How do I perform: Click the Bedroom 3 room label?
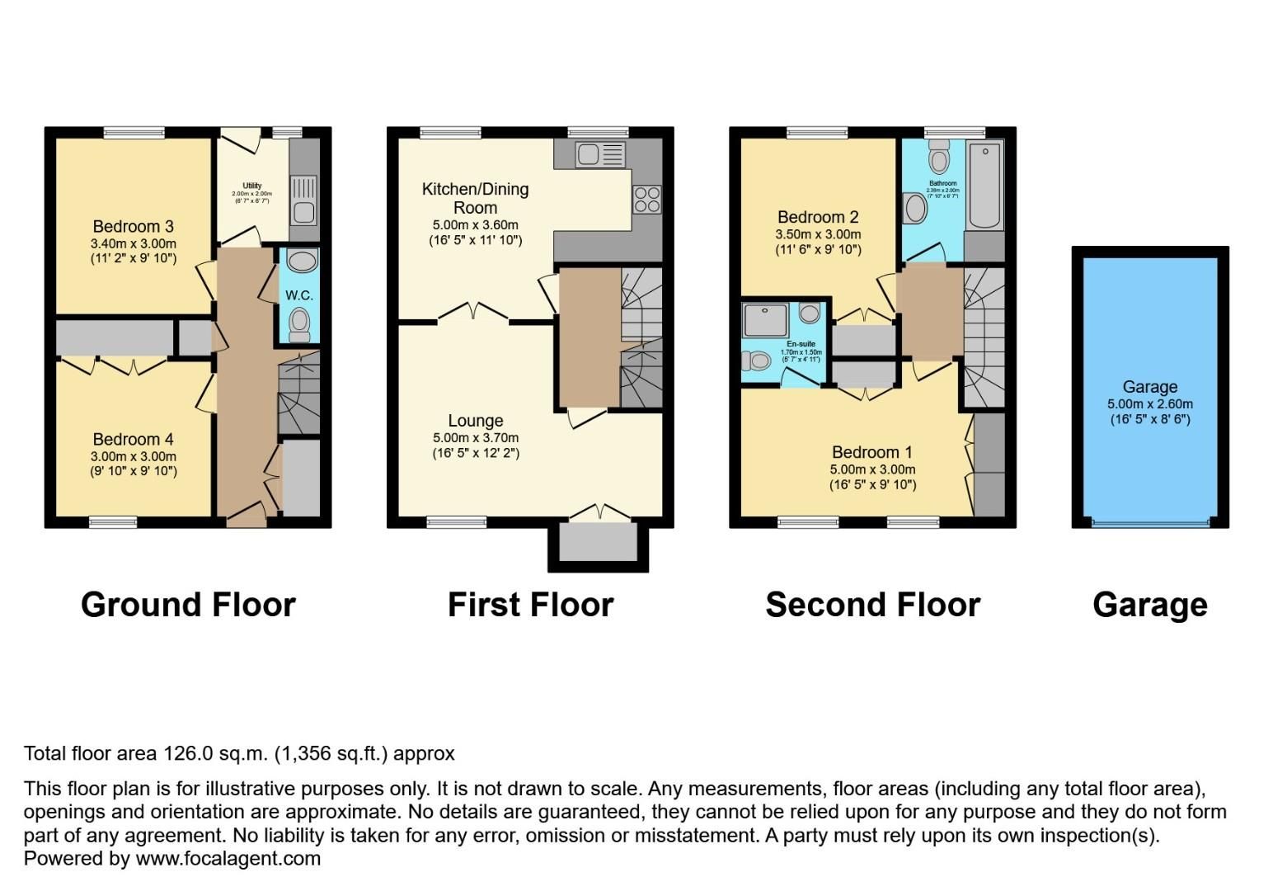click(133, 226)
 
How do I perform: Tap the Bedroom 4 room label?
click(133, 439)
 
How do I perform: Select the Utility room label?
click(251, 186)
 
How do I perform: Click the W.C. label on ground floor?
click(298, 295)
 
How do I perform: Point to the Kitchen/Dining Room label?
click(475, 198)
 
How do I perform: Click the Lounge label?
click(475, 421)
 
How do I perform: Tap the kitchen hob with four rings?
click(646, 199)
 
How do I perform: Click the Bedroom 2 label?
click(818, 217)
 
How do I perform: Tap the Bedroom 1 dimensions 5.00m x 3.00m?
click(872, 469)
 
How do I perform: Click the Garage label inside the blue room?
click(1149, 387)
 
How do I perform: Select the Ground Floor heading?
click(188, 605)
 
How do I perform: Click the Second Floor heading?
click(872, 605)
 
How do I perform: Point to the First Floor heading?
click(530, 605)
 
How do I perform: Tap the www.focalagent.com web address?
click(228, 858)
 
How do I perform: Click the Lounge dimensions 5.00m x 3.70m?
click(475, 438)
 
